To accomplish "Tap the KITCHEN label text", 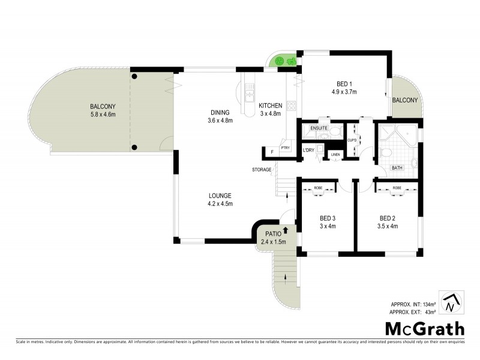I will (x=270, y=106).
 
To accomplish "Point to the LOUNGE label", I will (x=220, y=196).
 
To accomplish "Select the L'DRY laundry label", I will (x=308, y=149).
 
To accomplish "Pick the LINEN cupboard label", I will (x=335, y=156).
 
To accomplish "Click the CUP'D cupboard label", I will (x=352, y=140).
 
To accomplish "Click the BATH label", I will (x=397, y=168).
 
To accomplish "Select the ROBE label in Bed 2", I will (x=397, y=188).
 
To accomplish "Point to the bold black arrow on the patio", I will (x=286, y=229).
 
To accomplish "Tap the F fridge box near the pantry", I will (x=272, y=152).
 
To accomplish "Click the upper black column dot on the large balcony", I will (x=134, y=76).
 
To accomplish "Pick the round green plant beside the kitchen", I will (x=280, y=61).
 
